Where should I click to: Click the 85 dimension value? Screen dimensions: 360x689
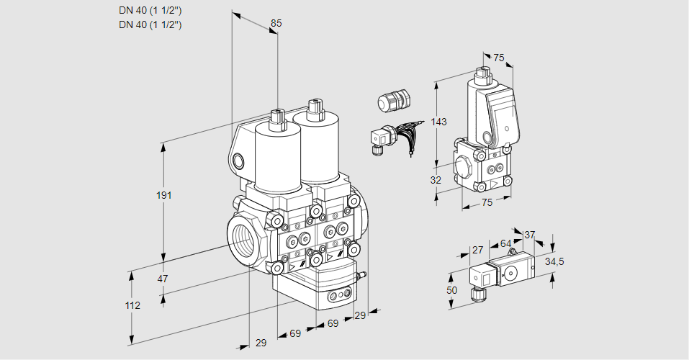pos(276,24)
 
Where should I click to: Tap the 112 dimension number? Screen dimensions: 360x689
pos(132,305)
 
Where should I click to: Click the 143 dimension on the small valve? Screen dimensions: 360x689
pos(439,122)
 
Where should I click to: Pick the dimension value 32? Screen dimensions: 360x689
pos(436,180)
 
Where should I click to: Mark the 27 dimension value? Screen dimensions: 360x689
pos(477,250)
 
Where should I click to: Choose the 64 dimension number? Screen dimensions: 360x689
pos(505,244)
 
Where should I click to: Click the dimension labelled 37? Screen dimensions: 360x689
pos(529,235)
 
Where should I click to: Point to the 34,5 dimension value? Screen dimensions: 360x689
pos(554,261)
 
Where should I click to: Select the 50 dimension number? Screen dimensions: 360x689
pos(452,289)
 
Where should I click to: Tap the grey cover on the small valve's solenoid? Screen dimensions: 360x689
pos(502,114)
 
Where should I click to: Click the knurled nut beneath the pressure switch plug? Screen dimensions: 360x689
pos(476,293)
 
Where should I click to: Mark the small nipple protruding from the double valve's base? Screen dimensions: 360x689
pos(363,274)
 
